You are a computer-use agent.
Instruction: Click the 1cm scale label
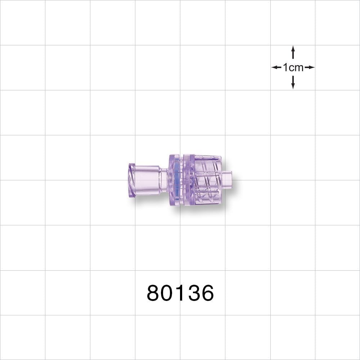(x=293, y=67)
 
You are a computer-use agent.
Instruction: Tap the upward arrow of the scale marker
(x=293, y=52)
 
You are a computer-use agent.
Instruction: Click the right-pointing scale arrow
(x=310, y=67)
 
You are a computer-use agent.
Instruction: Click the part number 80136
(x=180, y=293)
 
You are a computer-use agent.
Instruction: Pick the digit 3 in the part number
(x=193, y=293)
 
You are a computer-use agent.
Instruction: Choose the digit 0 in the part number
(x=167, y=293)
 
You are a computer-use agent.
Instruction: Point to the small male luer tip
(x=227, y=179)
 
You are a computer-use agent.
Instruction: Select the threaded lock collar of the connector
(x=207, y=180)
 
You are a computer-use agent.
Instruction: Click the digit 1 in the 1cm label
(x=285, y=67)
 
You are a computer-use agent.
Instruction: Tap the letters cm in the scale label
(x=296, y=67)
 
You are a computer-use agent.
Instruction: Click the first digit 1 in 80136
(x=180, y=293)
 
